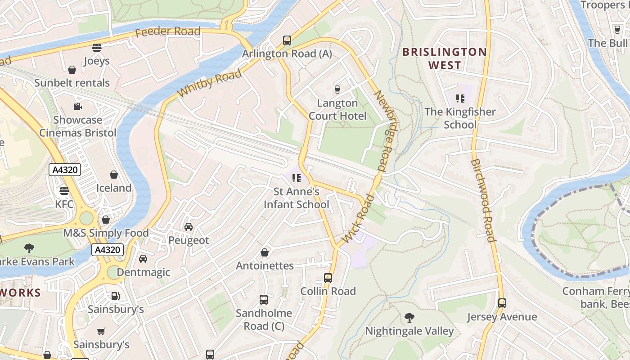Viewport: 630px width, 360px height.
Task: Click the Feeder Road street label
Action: click(x=167, y=31)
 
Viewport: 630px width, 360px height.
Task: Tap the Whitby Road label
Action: click(x=209, y=83)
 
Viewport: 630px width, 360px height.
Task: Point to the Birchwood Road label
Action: click(x=483, y=200)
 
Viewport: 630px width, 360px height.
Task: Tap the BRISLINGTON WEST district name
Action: click(x=445, y=58)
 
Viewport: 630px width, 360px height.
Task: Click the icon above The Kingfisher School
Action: click(x=460, y=98)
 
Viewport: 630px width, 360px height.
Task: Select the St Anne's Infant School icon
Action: click(x=296, y=178)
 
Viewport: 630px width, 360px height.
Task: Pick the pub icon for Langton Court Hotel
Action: click(x=337, y=89)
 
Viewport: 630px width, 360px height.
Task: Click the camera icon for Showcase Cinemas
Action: click(x=78, y=106)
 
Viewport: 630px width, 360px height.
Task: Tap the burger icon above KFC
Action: click(x=64, y=190)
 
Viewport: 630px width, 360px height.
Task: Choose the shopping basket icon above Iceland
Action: click(x=114, y=174)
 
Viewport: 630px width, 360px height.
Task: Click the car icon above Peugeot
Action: click(x=189, y=226)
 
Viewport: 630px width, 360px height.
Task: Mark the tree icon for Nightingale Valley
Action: click(x=409, y=317)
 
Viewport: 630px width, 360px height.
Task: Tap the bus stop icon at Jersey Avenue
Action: click(x=502, y=303)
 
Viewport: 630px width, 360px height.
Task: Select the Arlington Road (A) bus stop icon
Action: click(x=287, y=40)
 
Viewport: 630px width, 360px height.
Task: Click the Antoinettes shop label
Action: click(x=265, y=265)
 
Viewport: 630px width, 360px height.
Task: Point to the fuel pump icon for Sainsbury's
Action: click(x=115, y=296)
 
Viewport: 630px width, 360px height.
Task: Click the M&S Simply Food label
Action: click(x=106, y=233)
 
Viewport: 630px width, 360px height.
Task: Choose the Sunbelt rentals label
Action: click(x=72, y=83)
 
